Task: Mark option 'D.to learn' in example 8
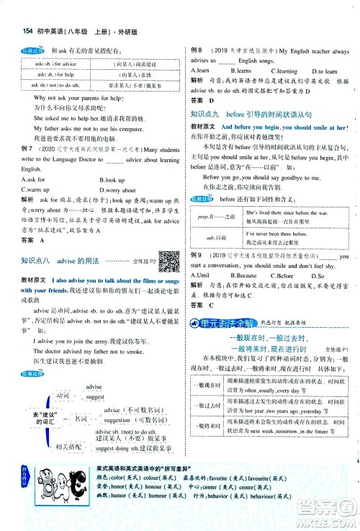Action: (x=326, y=71)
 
